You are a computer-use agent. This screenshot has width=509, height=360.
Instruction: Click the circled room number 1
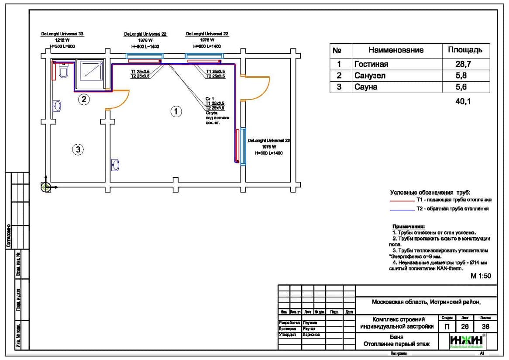tap(175, 111)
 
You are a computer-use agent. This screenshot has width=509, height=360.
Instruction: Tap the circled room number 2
tap(84, 100)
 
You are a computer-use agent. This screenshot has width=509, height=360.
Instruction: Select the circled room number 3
tap(78, 150)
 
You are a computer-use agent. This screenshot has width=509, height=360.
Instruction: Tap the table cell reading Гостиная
tap(371, 64)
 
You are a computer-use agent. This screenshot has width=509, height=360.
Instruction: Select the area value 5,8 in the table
tap(465, 76)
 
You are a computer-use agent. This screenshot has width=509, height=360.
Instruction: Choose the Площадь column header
tap(465, 50)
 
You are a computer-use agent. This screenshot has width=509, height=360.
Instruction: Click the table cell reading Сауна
tap(366, 87)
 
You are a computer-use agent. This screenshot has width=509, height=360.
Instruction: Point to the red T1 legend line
tap(401, 201)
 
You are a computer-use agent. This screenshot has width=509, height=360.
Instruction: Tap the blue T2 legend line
tap(401, 210)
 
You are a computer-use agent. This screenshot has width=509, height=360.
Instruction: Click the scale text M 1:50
tap(481, 276)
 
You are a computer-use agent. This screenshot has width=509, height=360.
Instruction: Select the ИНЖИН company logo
tap(467, 341)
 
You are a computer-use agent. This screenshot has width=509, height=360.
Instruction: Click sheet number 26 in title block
tap(464, 326)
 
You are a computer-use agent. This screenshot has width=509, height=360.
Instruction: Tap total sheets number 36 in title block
tap(485, 326)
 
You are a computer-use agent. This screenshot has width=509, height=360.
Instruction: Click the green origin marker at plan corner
tap(45, 187)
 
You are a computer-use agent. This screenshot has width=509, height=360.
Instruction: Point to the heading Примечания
tap(408, 227)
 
